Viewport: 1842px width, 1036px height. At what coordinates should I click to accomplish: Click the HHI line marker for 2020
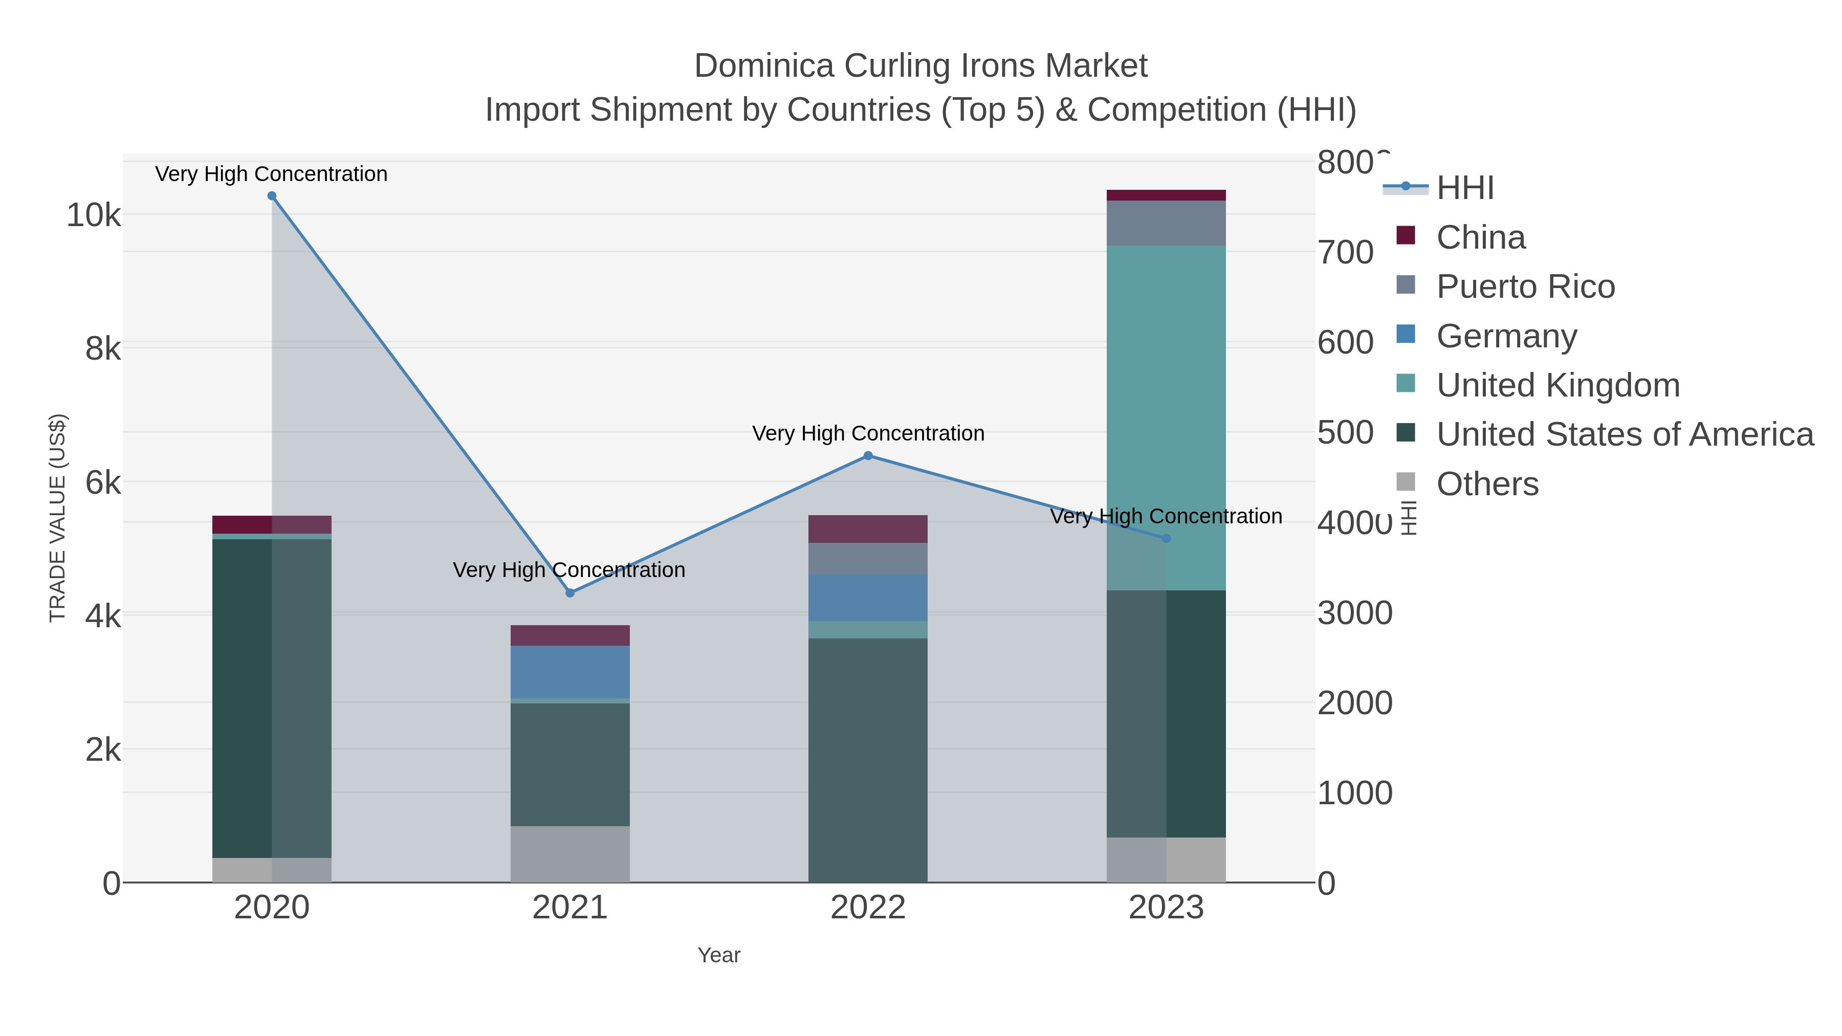click(x=272, y=196)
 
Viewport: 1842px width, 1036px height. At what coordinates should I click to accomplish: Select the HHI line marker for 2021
click(x=570, y=593)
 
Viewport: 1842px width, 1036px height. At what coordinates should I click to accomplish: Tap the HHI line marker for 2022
click(x=868, y=455)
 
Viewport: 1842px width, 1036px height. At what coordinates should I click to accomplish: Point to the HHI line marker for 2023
click(x=1166, y=538)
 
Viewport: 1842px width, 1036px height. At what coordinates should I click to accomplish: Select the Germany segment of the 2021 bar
click(x=570, y=672)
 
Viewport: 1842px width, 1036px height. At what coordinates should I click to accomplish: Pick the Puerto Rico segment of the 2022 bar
click(x=868, y=559)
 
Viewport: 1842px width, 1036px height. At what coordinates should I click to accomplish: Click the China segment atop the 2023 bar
click(x=1166, y=195)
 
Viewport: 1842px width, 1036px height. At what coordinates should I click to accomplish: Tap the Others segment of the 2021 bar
click(x=570, y=854)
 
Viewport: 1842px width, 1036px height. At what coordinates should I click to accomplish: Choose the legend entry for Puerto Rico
click(x=1525, y=286)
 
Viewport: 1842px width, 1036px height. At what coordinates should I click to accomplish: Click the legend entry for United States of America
click(x=1625, y=435)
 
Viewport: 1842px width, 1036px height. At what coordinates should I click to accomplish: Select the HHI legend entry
click(x=1464, y=188)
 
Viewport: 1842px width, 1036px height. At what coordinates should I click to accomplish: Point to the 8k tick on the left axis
click(x=103, y=349)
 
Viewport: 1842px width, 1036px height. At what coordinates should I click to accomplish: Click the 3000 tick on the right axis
click(x=1354, y=613)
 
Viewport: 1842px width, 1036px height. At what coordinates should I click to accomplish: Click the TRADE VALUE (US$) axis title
click(x=57, y=518)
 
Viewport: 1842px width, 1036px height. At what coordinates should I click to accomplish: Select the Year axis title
click(x=719, y=955)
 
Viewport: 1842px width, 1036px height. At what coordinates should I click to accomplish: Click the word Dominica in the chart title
click(x=764, y=66)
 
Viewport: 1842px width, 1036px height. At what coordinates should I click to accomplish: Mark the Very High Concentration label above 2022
click(x=868, y=433)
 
